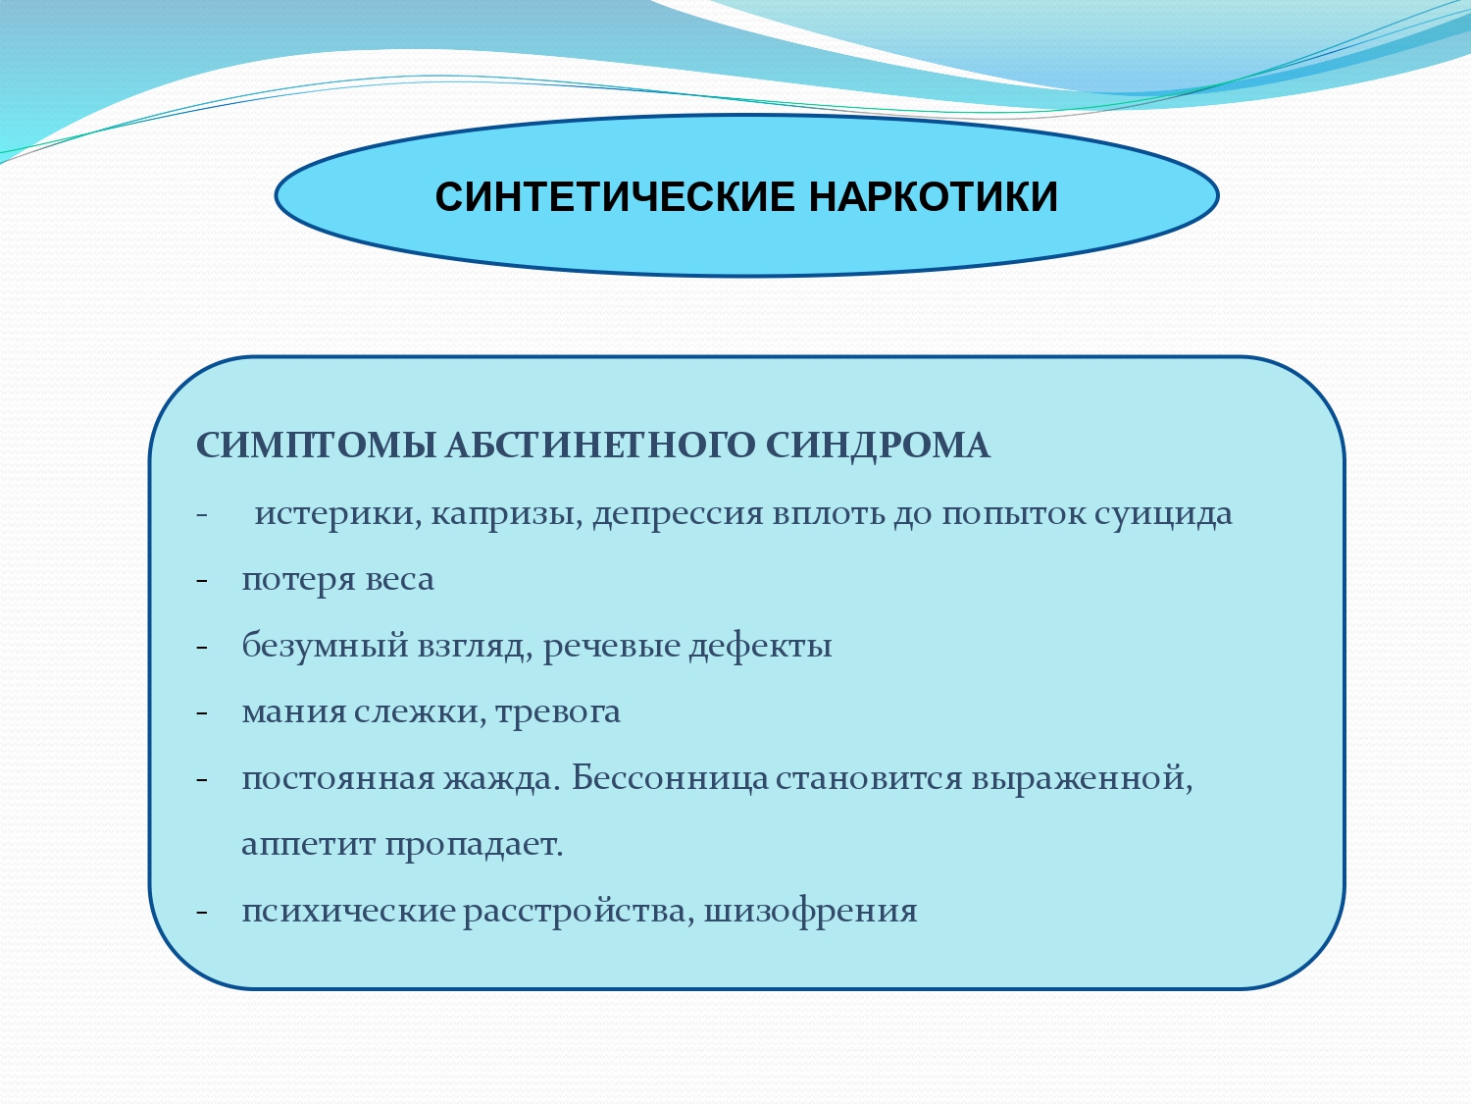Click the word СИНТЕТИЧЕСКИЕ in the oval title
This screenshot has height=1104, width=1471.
click(x=615, y=197)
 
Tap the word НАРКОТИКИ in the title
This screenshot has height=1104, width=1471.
click(x=934, y=197)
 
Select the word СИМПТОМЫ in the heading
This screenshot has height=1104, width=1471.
click(x=316, y=446)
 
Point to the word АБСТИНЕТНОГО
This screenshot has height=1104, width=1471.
click(x=600, y=446)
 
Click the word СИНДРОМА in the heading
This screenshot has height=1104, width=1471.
click(x=878, y=446)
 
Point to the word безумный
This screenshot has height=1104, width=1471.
click(x=325, y=646)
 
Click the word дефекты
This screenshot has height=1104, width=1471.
click(x=761, y=646)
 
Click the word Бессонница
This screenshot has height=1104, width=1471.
click(x=670, y=777)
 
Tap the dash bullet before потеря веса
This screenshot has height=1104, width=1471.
click(x=202, y=580)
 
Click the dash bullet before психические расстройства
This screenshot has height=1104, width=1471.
click(x=202, y=912)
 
